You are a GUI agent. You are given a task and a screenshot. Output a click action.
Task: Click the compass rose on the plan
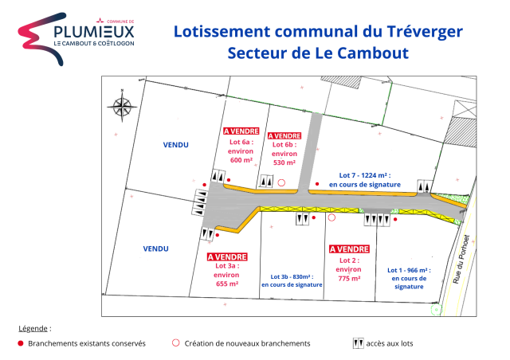pos(122,106)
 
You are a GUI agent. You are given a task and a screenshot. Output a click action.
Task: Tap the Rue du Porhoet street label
pos(461,259)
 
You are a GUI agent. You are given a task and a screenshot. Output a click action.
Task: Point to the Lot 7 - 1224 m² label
pos(365,175)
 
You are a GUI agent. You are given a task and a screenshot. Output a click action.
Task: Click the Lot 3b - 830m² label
pos(292,276)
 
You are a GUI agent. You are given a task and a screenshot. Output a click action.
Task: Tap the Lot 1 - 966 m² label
pos(409,270)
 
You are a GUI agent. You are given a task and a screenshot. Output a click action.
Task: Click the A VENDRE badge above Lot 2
pos(349,249)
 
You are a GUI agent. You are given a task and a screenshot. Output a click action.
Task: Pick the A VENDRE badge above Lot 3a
pos(227,257)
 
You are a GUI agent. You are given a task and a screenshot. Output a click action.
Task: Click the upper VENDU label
pos(175,145)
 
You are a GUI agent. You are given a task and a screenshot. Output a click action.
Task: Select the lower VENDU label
pos(156,248)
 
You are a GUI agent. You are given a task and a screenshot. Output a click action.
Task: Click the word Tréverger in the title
pos(425,32)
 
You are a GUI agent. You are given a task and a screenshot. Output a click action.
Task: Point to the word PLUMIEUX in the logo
pos(94,32)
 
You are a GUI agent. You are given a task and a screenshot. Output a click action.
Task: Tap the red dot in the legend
pos(21,343)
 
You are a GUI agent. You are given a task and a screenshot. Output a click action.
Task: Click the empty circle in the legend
pos(175,342)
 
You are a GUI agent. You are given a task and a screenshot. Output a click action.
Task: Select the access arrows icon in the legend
pos(358,343)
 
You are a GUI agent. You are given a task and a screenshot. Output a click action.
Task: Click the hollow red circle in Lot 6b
pos(281,182)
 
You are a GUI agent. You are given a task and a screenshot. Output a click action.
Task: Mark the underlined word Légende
pos(33,328)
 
